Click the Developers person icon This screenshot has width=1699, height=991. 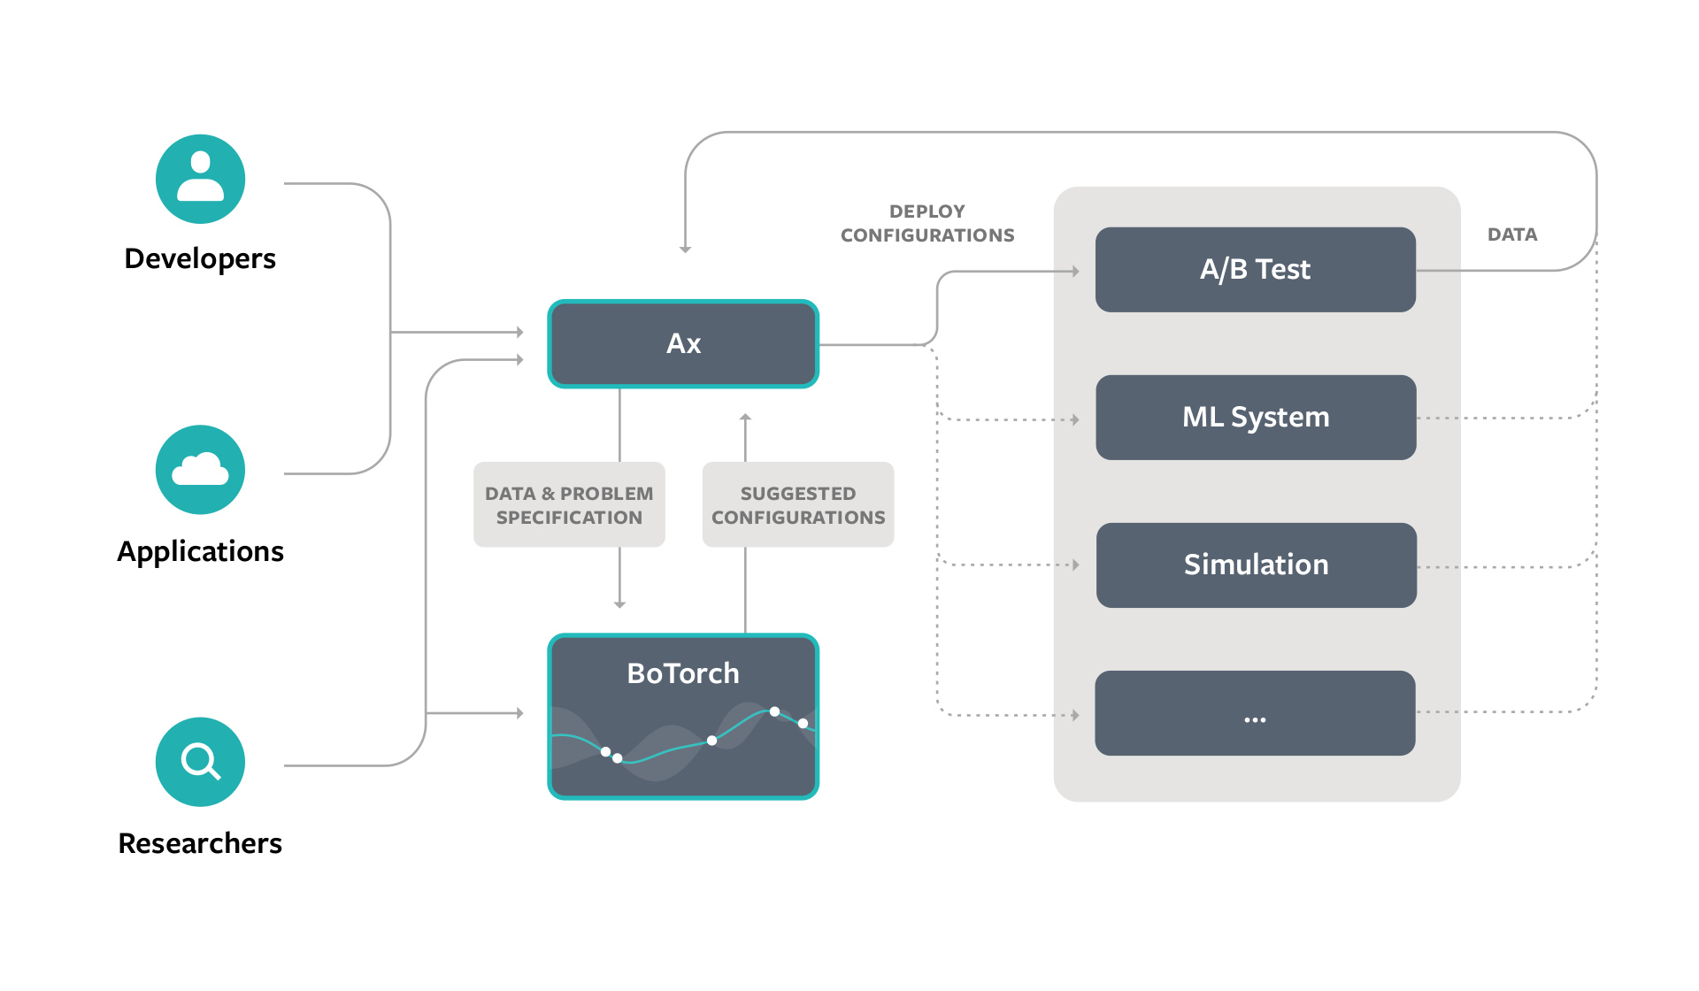tap(200, 179)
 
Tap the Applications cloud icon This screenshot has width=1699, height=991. tap(200, 470)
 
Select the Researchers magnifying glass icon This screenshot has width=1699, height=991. tap(200, 761)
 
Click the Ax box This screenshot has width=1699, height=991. tap(683, 343)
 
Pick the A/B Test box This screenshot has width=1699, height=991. tap(1255, 269)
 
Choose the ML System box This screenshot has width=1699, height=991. tap(1255, 417)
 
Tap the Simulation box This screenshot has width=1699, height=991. tap(1255, 565)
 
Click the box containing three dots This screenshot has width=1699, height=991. tap(1255, 713)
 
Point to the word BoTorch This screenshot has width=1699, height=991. tap(683, 673)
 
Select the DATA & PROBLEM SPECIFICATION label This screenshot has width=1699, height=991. tap(569, 504)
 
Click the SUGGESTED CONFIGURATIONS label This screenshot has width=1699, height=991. tap(798, 504)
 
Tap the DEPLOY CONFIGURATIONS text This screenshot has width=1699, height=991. tap(927, 223)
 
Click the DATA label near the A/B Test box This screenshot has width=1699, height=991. tap(1512, 234)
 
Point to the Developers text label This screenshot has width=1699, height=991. tap(200, 258)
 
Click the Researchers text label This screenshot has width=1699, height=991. tap(200, 843)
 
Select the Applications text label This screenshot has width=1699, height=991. tap(200, 551)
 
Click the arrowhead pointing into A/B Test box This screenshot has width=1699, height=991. tap(1075, 272)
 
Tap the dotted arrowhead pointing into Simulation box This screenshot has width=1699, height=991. tap(1075, 565)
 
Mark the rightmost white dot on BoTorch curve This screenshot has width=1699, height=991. tap(803, 723)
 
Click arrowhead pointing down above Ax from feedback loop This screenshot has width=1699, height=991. tap(685, 249)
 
